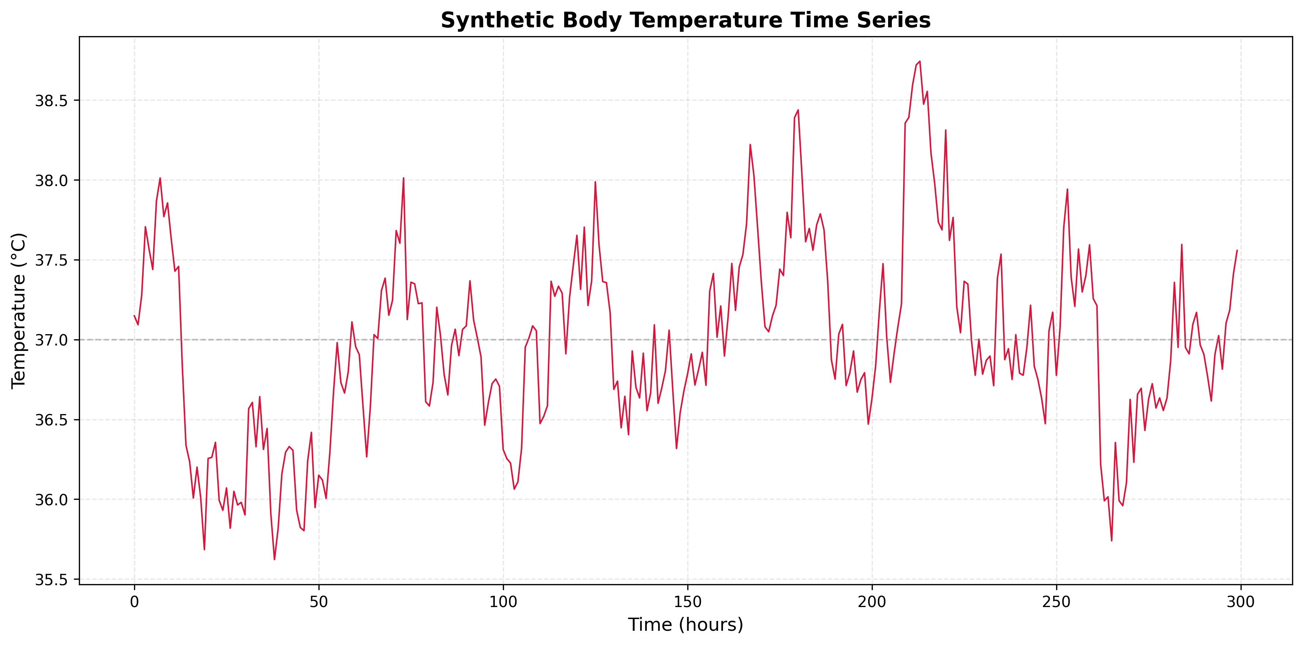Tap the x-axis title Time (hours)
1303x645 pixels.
click(685, 625)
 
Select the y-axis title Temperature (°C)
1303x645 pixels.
click(18, 310)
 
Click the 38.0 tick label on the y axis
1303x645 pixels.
click(51, 181)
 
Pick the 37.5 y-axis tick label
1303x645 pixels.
click(51, 260)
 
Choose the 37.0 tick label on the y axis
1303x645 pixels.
click(51, 340)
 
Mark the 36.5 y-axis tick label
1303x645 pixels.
click(51, 420)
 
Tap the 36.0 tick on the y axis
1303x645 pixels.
click(51, 500)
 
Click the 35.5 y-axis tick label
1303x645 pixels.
click(51, 580)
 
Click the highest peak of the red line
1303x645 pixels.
click(920, 62)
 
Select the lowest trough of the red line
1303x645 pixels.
click(275, 559)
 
